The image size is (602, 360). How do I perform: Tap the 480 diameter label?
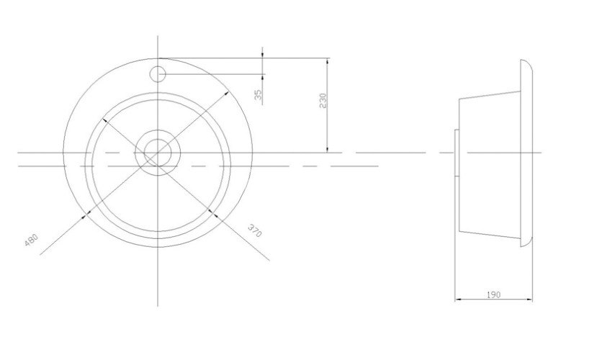tap(31, 240)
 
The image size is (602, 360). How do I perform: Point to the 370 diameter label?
tap(254, 230)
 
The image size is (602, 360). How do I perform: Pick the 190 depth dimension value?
tap(493, 295)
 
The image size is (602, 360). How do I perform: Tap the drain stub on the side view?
tap(455, 153)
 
